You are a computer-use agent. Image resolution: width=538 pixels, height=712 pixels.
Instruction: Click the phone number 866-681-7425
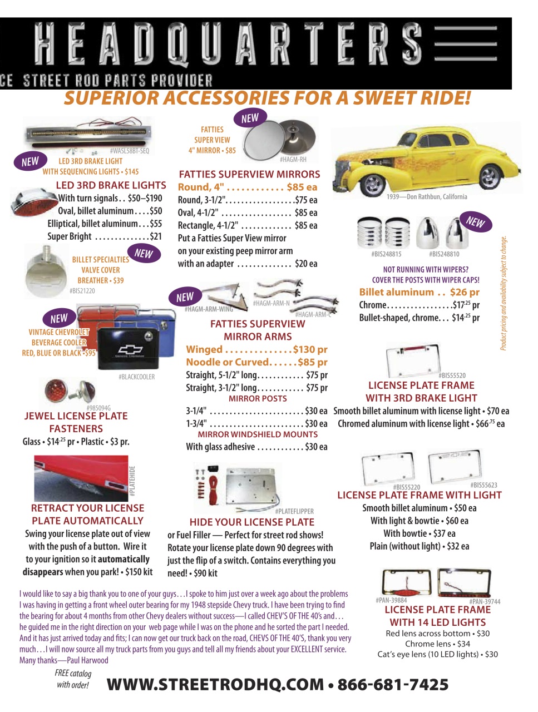click(393, 685)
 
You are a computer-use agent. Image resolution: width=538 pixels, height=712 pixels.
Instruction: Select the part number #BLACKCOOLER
click(136, 377)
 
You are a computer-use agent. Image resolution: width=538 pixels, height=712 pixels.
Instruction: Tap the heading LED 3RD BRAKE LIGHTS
click(111, 185)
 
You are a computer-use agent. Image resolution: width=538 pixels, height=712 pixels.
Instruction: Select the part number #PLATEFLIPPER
click(294, 511)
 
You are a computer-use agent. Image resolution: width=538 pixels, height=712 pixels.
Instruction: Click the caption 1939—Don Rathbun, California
click(427, 197)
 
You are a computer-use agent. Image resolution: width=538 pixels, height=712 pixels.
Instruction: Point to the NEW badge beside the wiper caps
click(476, 222)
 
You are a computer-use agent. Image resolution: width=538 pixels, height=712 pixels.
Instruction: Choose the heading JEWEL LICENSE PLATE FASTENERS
click(76, 422)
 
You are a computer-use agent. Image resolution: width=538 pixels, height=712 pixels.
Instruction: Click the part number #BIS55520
click(452, 375)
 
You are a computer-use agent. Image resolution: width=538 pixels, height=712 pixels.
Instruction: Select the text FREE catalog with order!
click(73, 679)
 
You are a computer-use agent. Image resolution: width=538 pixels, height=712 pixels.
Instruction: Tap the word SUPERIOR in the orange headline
click(110, 98)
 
